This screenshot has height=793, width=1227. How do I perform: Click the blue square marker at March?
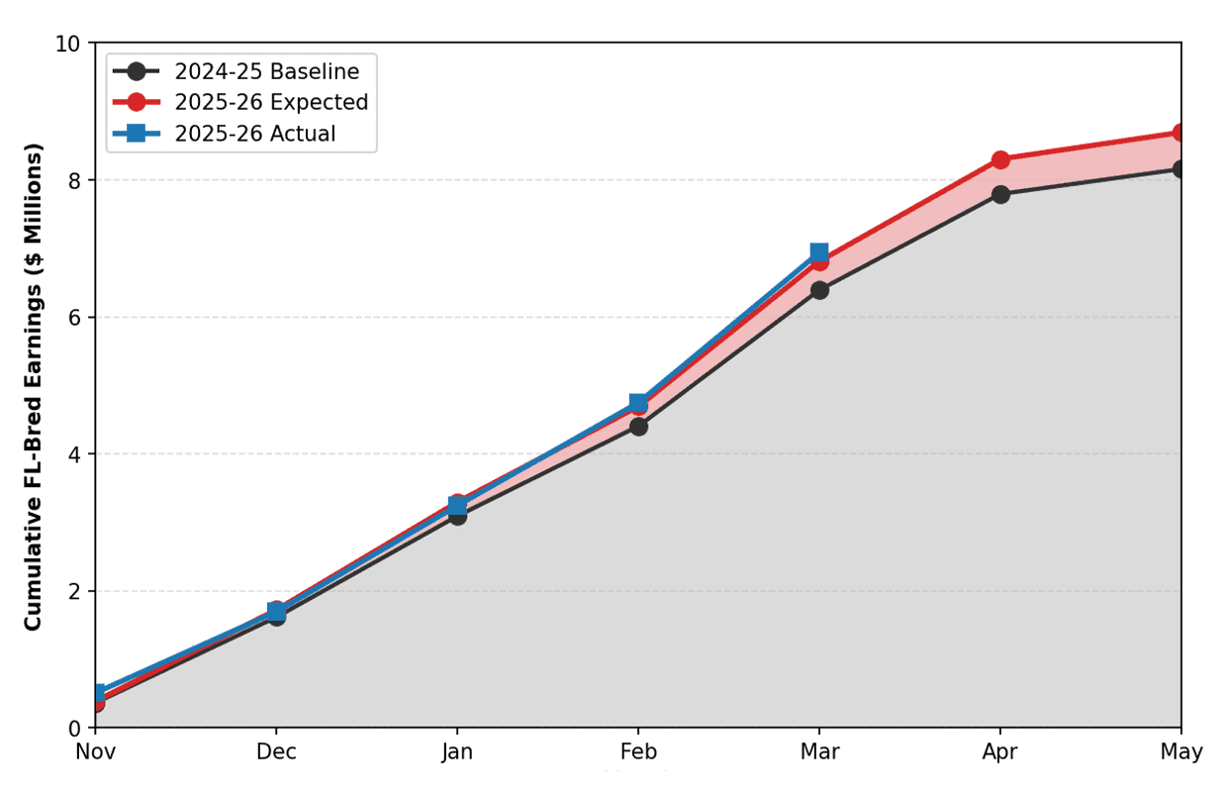(819, 252)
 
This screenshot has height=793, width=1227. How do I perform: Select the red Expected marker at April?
(1000, 160)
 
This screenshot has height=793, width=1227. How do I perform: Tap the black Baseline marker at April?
(1000, 194)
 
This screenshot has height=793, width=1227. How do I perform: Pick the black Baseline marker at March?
(819, 290)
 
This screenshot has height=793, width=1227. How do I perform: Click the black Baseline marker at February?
(638, 427)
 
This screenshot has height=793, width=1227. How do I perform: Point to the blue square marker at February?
(638, 403)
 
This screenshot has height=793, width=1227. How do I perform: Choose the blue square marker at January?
(457, 505)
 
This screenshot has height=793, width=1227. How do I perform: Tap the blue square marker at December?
(277, 611)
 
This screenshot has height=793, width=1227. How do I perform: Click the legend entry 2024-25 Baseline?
(236, 71)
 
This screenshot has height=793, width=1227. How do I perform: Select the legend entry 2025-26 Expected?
(240, 102)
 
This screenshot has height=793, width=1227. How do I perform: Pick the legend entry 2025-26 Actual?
(224, 134)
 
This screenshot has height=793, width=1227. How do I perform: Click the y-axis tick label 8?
(74, 180)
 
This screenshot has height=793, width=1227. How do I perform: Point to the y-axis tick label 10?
(68, 44)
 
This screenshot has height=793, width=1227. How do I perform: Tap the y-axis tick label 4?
(74, 454)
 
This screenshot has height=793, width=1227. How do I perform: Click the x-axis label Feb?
(638, 751)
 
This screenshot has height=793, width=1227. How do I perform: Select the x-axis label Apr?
(1000, 752)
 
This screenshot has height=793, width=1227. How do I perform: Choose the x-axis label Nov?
(95, 751)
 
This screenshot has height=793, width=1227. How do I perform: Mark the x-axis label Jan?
(457, 751)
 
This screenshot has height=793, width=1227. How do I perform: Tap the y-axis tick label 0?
(74, 729)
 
